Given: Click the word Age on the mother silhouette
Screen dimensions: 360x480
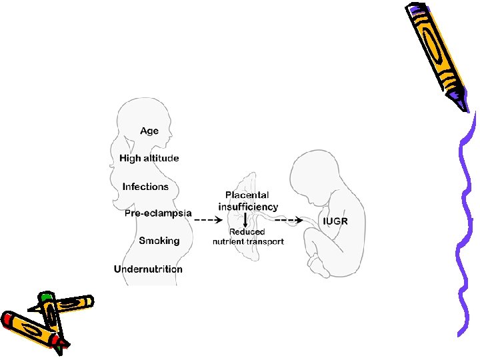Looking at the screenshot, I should [x=149, y=131].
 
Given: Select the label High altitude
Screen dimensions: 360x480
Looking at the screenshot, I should [x=149, y=158].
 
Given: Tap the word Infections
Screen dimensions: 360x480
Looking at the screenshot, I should [x=145, y=187].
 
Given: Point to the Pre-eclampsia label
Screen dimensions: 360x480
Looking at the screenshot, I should [x=158, y=213].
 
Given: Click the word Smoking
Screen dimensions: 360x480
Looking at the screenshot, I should [x=159, y=241].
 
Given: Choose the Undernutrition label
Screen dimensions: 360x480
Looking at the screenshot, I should [x=148, y=269].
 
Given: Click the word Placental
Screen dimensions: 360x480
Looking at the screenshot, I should [x=247, y=195].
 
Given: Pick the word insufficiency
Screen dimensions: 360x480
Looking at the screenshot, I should [x=248, y=207].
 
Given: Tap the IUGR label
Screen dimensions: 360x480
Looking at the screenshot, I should [x=335, y=221].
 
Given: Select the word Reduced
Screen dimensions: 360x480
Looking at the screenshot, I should [x=247, y=232].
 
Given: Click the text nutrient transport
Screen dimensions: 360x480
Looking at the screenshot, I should [x=248, y=241].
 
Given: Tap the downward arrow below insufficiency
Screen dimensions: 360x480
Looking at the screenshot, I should [x=247, y=220].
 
